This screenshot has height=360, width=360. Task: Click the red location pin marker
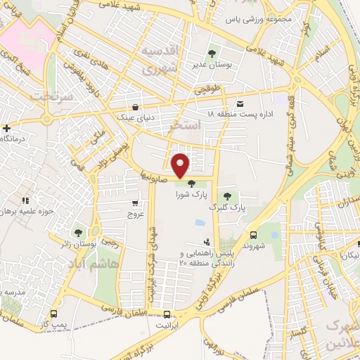point(181,165)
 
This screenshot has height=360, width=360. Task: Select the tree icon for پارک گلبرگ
point(226,196)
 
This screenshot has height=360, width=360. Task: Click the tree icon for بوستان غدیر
point(212,53)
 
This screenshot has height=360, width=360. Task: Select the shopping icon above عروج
point(134,203)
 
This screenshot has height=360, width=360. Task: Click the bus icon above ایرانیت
point(167,314)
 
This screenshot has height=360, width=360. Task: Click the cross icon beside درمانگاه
point(6,128)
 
